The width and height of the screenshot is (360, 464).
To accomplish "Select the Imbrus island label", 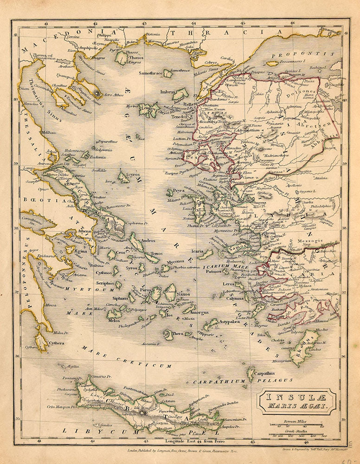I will (x=167, y=92).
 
